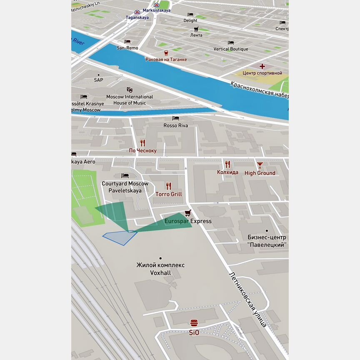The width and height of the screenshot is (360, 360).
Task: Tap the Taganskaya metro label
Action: (137, 17)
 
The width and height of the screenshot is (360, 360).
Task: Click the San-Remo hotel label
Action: (127, 48)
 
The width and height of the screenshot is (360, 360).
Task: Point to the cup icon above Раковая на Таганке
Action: (166, 53)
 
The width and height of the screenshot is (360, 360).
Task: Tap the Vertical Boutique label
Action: (230, 49)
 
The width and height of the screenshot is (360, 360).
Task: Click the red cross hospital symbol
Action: (262, 66)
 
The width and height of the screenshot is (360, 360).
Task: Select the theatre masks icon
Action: (130, 90)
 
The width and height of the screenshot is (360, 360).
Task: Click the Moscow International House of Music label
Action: (130, 100)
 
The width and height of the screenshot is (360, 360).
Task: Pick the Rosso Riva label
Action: (175, 125)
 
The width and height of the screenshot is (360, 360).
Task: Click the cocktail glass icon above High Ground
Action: (260, 165)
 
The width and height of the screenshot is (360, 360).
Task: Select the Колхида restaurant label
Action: (227, 172)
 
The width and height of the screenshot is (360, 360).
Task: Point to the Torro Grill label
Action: (169, 194)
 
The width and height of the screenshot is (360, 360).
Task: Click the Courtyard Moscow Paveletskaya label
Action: (125, 187)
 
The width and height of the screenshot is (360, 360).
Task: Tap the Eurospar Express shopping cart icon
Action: (187, 213)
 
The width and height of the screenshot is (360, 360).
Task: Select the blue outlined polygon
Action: (120, 237)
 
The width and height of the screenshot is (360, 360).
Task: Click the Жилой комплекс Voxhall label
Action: (160, 269)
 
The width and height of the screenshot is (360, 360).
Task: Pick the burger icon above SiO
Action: (194, 323)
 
